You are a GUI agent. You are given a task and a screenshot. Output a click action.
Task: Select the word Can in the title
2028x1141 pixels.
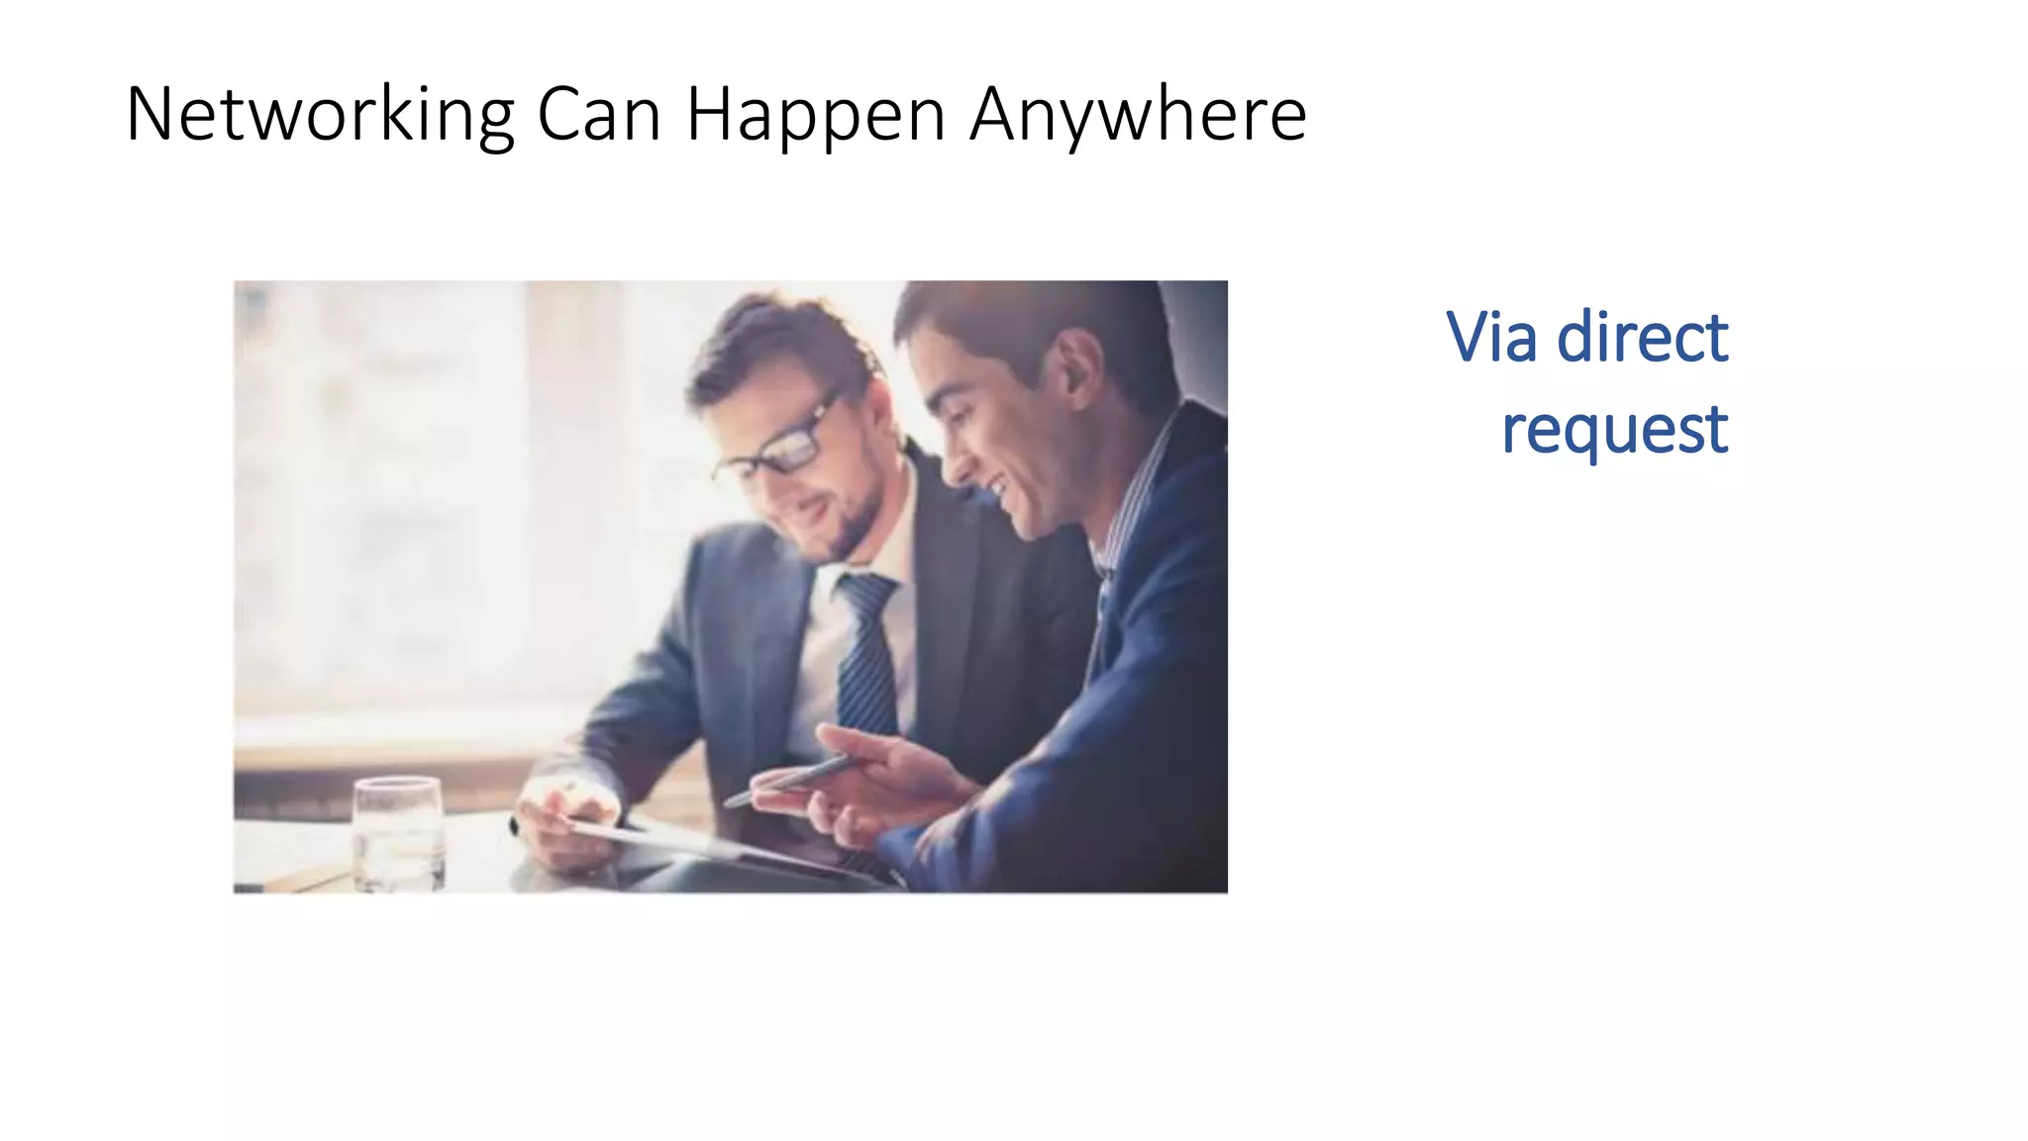[x=598, y=116]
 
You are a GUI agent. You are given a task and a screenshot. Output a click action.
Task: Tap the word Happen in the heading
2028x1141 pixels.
[x=816, y=116]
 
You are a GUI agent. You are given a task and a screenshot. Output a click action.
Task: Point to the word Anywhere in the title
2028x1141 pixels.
[x=1138, y=116]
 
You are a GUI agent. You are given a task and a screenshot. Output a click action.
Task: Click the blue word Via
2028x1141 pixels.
[x=1491, y=337]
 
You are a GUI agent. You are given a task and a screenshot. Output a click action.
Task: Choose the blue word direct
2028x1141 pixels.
[x=1642, y=337]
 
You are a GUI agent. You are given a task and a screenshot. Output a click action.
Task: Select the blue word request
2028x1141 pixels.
[x=1614, y=430]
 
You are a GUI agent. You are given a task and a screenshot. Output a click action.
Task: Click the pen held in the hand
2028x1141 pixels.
[x=792, y=779]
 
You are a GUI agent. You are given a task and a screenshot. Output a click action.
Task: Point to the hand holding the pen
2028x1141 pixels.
[x=871, y=782]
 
